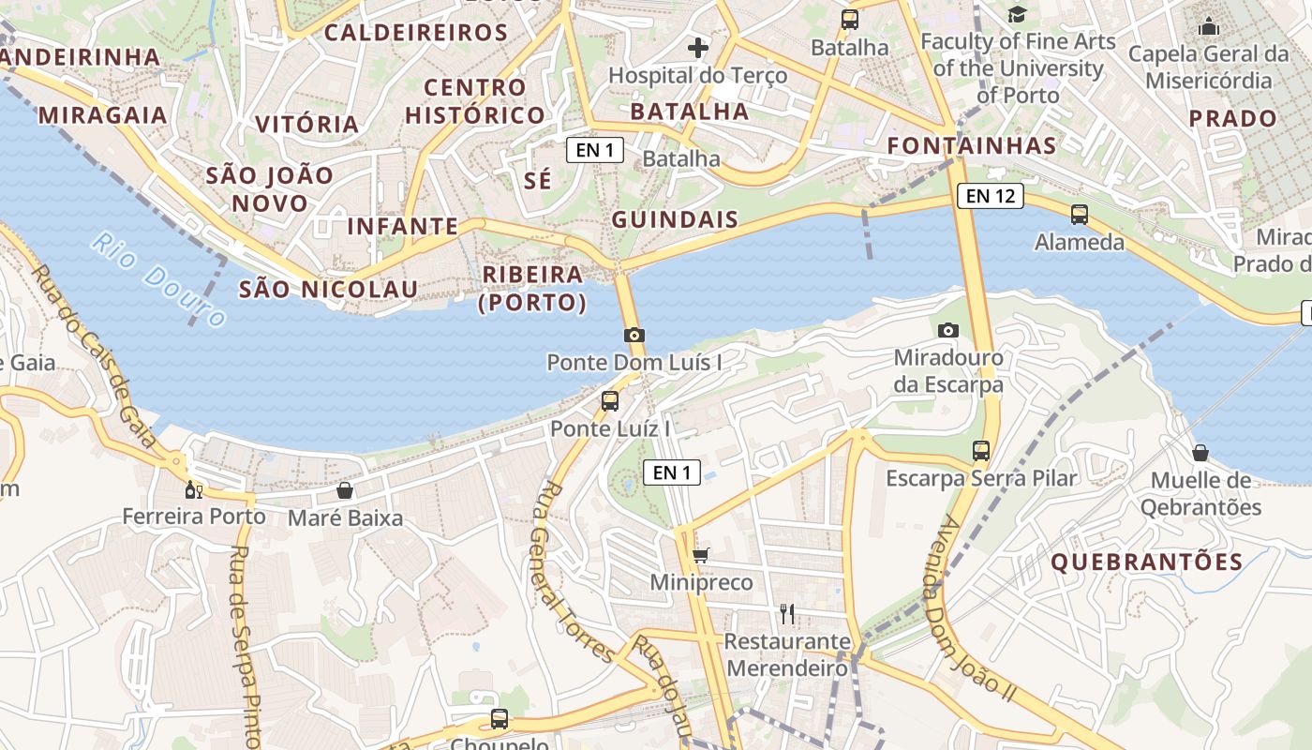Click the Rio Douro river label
159,279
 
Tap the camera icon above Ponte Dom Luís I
634,335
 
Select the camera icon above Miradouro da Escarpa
948,330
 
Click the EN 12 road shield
990,196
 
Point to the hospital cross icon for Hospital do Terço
698,47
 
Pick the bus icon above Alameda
1080,214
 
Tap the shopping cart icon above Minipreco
701,555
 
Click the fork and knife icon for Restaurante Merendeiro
787,613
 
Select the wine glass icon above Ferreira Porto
193,489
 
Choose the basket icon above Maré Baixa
345,490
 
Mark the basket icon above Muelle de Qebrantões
1200,454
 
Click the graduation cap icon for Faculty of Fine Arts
1017,14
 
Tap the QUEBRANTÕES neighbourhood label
1147,562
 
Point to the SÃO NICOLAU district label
328,289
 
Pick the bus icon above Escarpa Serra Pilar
981,451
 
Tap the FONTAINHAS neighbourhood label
972,146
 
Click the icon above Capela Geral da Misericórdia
1209,26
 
